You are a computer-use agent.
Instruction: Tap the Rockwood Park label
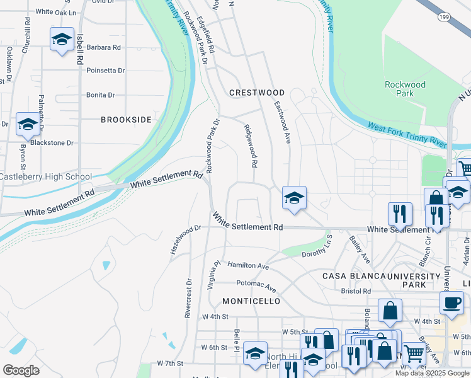point(405,89)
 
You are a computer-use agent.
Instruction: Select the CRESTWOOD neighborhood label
point(257,93)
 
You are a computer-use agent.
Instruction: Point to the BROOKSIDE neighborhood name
point(127,119)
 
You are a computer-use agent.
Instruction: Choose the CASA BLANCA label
point(354,277)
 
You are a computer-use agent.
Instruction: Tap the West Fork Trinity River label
point(407,135)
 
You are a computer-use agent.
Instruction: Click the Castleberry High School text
point(46,177)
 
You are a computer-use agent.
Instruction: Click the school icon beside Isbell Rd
point(62,40)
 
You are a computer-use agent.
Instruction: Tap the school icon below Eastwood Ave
point(294,198)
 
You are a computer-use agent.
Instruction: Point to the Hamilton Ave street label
point(248,266)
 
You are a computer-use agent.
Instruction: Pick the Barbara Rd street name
point(103,47)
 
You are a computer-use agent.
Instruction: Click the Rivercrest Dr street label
point(188,299)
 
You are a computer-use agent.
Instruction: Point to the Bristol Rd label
point(356,292)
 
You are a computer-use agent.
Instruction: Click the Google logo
point(20,370)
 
